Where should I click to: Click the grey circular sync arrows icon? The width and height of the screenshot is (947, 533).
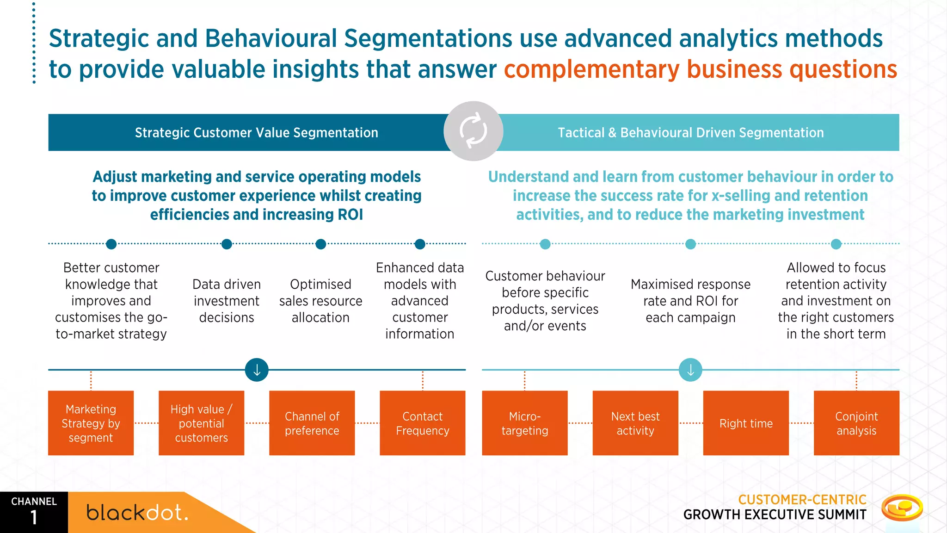pyautogui.click(x=473, y=131)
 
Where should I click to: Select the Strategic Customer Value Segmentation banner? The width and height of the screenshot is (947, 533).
pyautogui.click(x=256, y=133)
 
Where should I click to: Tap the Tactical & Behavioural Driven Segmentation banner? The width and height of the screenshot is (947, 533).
pyautogui.click(x=690, y=133)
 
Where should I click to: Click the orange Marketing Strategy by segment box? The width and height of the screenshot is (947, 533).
pyautogui.click(x=91, y=423)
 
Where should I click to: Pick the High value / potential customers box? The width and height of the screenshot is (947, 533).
pyautogui.click(x=201, y=423)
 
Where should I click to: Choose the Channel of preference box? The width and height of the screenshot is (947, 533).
pyautogui.click(x=312, y=423)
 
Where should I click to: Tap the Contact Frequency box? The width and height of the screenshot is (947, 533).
pyautogui.click(x=422, y=423)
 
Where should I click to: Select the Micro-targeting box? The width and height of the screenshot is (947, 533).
pyautogui.click(x=524, y=423)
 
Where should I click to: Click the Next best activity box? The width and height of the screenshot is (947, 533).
pyautogui.click(x=635, y=423)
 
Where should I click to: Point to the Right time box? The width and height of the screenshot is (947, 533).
pyautogui.click(x=745, y=423)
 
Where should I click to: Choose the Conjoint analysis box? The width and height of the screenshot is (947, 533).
pyautogui.click(x=856, y=423)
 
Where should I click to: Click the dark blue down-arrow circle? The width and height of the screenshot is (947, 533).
pyautogui.click(x=257, y=370)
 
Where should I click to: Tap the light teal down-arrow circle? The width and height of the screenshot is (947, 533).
pyautogui.click(x=690, y=370)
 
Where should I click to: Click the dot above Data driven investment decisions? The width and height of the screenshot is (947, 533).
pyautogui.click(x=227, y=244)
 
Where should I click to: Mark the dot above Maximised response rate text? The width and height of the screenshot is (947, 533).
pyautogui.click(x=690, y=244)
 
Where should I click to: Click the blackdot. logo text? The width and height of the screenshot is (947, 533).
pyautogui.click(x=137, y=513)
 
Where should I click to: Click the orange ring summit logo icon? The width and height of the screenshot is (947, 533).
pyautogui.click(x=902, y=508)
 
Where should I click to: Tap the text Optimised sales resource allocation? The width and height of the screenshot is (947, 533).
pyautogui.click(x=320, y=301)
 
